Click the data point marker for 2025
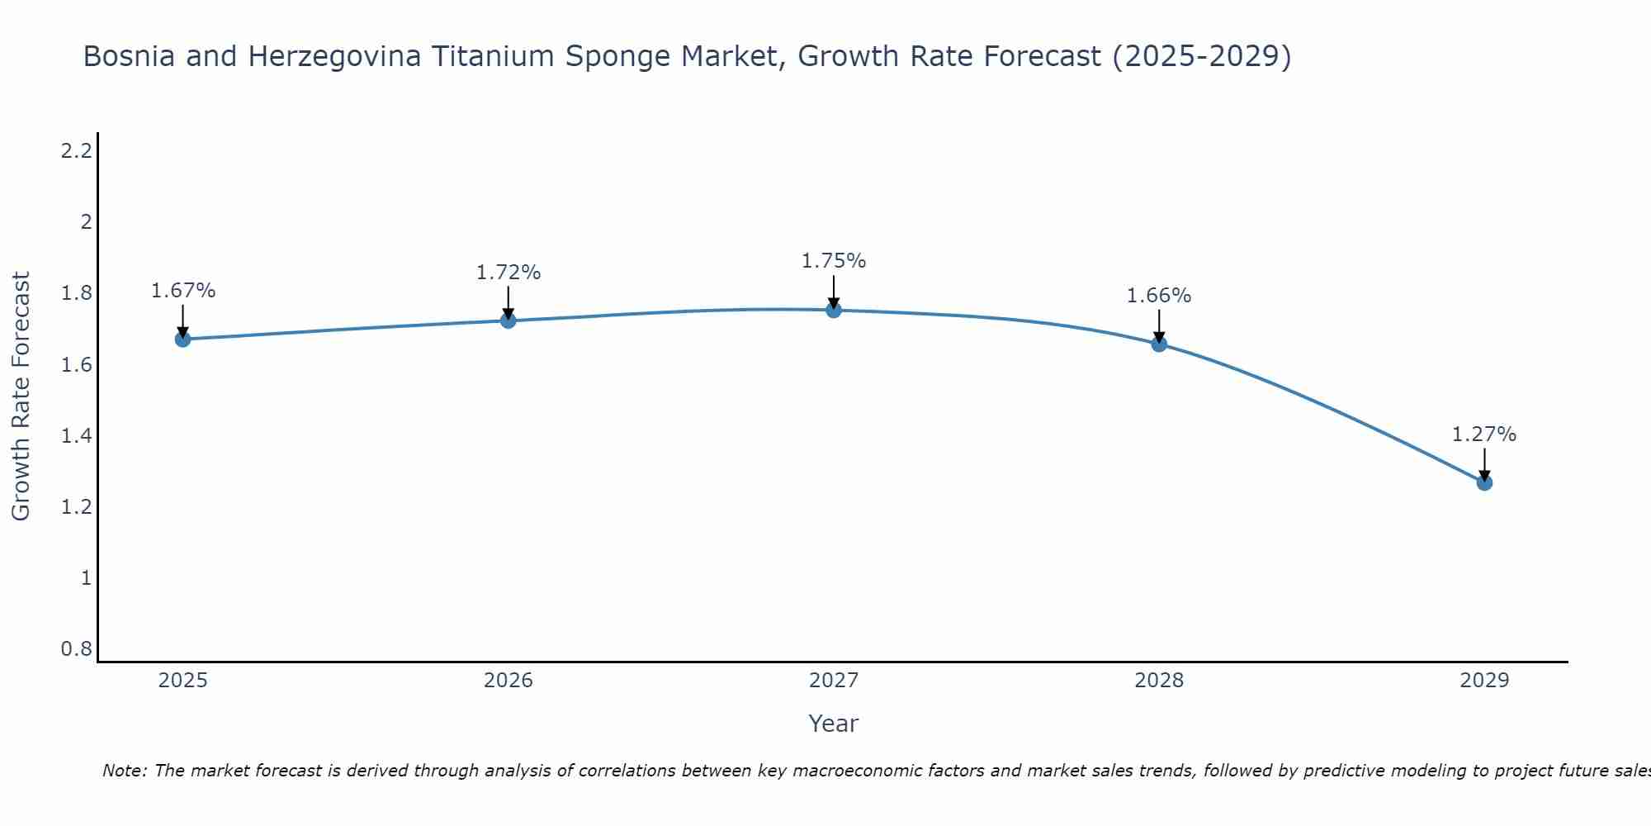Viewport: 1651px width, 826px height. point(182,339)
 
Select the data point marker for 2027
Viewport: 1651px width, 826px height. point(834,310)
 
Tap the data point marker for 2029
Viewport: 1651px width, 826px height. point(1484,482)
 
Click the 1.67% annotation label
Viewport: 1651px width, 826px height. point(183,291)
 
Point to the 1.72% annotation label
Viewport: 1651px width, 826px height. point(509,273)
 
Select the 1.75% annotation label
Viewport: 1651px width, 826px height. point(834,261)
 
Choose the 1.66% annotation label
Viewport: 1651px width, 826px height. point(1159,296)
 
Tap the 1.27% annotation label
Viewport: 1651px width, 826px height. point(1484,434)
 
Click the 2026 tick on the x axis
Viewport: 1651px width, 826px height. point(509,681)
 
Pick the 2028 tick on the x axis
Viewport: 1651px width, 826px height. point(1159,681)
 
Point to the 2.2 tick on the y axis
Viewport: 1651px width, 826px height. point(77,151)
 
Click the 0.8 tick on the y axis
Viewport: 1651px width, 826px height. point(77,649)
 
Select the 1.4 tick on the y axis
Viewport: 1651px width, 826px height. point(77,435)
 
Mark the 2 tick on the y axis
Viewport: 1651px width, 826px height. point(86,222)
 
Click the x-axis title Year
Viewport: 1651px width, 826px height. point(834,724)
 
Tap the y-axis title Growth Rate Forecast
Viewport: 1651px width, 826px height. point(21,396)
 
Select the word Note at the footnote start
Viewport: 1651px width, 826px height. point(123,771)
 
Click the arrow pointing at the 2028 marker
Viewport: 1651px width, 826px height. point(1159,325)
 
